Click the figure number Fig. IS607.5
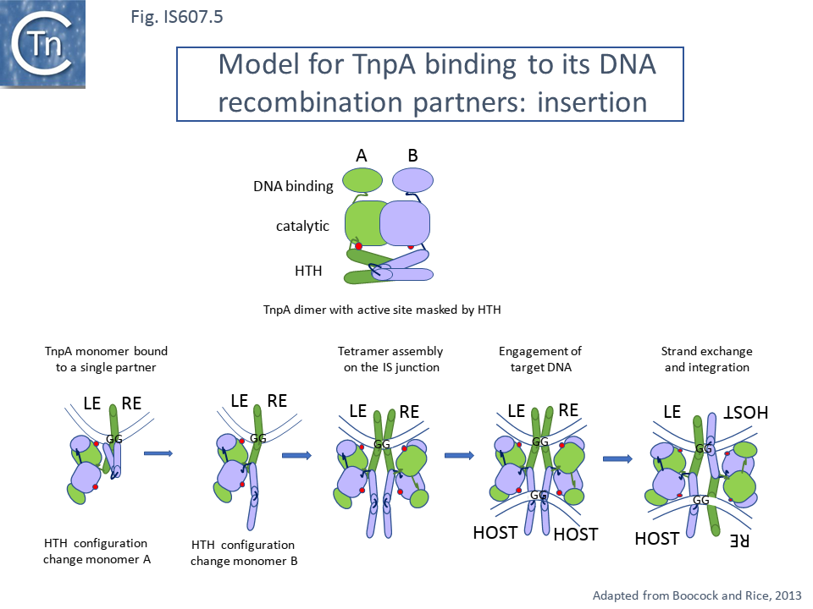[177, 17]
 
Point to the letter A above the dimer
[362, 156]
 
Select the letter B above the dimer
[413, 156]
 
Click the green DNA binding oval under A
[362, 181]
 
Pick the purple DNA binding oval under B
[413, 181]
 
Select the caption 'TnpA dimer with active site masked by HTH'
[382, 310]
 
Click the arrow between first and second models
[158, 454]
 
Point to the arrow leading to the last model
[618, 459]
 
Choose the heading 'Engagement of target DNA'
[540, 359]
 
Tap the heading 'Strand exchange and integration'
[706, 359]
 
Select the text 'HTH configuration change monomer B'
[244, 552]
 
